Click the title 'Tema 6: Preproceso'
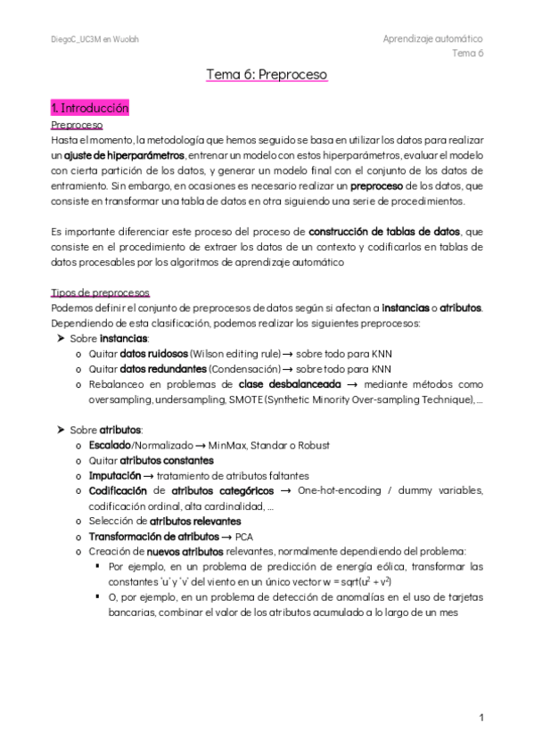pyautogui.click(x=267, y=75)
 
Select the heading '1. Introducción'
pyautogui.click(x=90, y=108)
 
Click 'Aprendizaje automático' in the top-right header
pyautogui.click(x=432, y=39)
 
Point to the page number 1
pyautogui.click(x=481, y=717)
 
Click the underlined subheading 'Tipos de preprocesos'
pyautogui.click(x=100, y=293)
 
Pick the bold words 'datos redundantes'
pyautogui.click(x=163, y=368)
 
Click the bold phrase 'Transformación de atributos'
pyautogui.click(x=152, y=536)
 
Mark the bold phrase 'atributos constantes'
pyautogui.click(x=167, y=460)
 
